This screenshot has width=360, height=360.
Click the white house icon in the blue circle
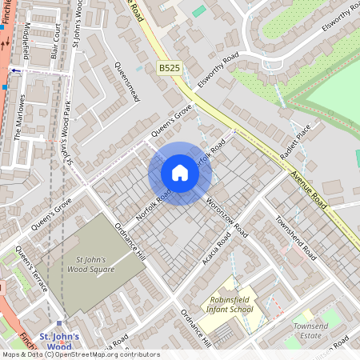click(180, 173)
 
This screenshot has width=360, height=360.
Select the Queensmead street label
click(127, 82)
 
